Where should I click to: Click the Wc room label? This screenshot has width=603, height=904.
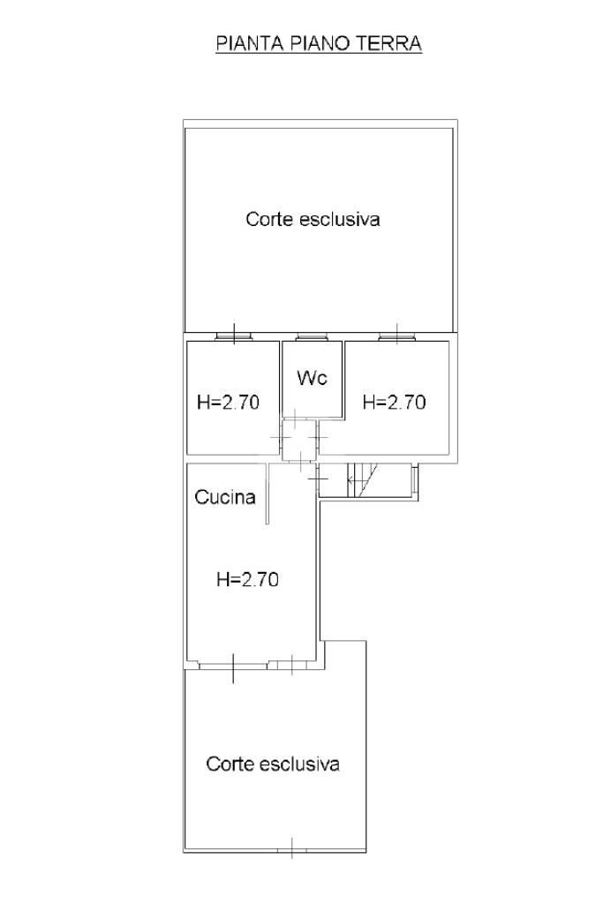click(313, 379)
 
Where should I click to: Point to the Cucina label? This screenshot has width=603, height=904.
click(225, 497)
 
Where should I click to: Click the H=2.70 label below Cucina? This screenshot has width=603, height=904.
click(247, 580)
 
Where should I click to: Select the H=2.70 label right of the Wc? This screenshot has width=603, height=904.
click(395, 403)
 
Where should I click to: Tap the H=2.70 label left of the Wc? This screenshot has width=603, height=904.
click(228, 403)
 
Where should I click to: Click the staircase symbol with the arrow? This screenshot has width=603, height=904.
click(364, 479)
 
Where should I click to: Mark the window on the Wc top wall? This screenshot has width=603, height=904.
click(311, 336)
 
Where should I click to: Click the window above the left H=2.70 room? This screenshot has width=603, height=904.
click(234, 336)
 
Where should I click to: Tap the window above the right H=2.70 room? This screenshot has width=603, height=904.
click(396, 336)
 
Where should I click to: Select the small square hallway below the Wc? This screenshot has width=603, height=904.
click(298, 440)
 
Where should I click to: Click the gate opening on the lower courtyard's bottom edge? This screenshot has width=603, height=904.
click(291, 849)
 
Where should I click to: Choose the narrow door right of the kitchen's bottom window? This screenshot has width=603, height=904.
click(290, 663)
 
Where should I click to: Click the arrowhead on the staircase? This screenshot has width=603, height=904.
click(350, 480)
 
